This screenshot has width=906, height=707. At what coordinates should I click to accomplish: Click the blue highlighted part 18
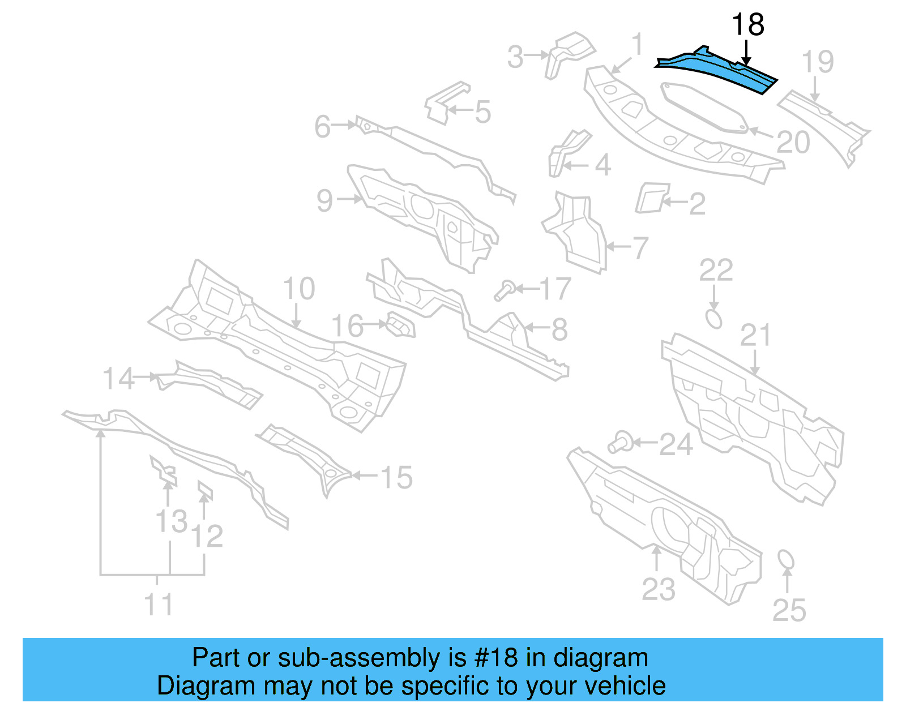[719, 70]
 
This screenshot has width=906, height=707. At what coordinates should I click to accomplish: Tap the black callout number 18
[747, 25]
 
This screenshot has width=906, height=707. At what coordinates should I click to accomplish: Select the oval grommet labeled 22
[713, 318]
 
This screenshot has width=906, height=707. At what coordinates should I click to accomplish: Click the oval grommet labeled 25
[786, 560]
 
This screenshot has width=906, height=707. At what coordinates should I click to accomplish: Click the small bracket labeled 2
[651, 198]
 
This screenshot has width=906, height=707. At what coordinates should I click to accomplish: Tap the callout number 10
[298, 289]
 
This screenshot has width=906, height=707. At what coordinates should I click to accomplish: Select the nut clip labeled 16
[401, 325]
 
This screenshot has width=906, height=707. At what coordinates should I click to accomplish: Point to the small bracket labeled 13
[164, 470]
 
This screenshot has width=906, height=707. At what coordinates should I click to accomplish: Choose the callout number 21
[755, 336]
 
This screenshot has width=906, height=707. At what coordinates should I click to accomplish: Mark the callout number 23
[658, 589]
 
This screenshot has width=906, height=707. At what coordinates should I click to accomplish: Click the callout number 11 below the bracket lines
[158, 605]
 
